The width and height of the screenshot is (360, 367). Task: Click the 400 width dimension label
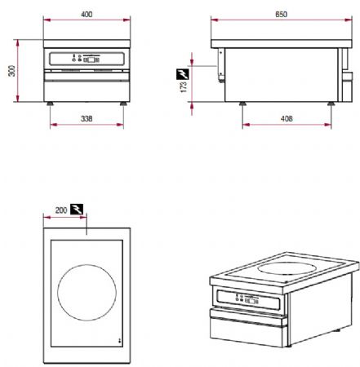[87, 15]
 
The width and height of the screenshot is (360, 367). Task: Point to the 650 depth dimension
[280, 15]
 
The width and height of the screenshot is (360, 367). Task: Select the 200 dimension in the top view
[60, 210]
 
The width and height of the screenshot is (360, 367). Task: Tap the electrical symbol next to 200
[77, 210]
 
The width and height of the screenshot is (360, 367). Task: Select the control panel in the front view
[87, 60]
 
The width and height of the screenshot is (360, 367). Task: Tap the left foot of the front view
[51, 104]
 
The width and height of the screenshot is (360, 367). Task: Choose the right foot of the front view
[123, 104]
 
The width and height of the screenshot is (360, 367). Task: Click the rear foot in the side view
[330, 104]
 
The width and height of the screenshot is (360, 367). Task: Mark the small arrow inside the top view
[119, 340]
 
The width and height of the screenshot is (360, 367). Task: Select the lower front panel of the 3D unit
[249, 330]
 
